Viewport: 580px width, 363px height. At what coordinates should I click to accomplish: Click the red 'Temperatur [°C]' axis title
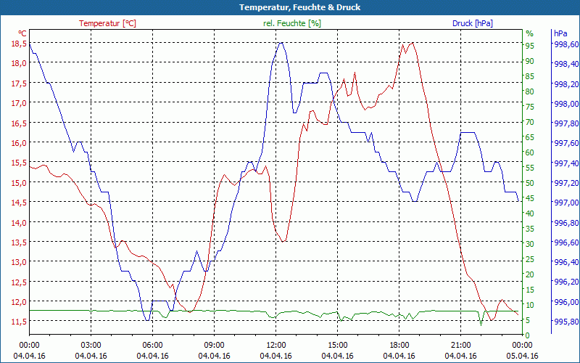pos(107,23)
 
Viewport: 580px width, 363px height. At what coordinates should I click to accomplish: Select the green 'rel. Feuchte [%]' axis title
pos(292,23)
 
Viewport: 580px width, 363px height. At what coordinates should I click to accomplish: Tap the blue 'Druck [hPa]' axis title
pos(472,23)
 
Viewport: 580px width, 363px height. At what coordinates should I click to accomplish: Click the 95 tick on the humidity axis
pos(530,46)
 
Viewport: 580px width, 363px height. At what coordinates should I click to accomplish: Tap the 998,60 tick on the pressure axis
pos(565,44)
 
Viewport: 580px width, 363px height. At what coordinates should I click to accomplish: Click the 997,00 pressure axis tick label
pos(565,203)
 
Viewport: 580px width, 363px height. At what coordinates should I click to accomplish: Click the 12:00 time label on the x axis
pos(275,345)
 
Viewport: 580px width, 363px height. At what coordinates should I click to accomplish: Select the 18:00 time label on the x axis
pos(399,345)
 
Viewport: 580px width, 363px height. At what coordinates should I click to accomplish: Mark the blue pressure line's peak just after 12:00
pos(281,42)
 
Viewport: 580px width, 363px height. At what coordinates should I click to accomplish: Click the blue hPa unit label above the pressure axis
pos(560,33)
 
